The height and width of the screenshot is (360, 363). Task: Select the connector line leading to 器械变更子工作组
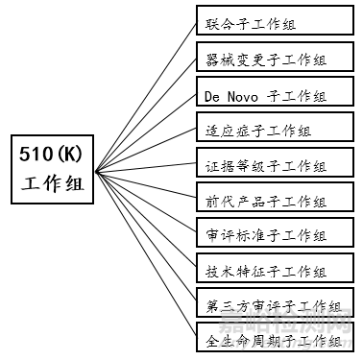click(x=144, y=110)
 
